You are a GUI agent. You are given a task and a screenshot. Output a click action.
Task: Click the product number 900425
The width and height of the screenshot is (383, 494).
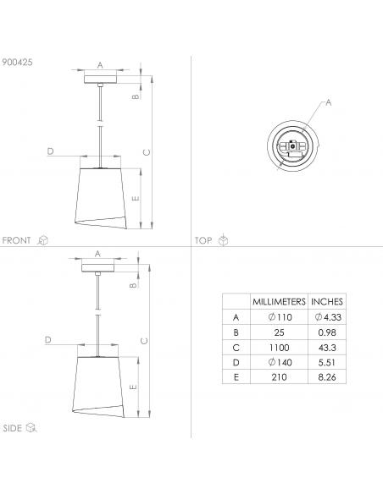pos(17,62)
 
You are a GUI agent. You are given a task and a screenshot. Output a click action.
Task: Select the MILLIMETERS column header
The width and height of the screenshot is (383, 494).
pos(279,301)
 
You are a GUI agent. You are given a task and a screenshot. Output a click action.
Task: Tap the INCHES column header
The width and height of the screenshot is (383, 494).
pos(327,301)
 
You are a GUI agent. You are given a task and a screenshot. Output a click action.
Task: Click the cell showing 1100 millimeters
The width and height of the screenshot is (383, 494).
pos(280,348)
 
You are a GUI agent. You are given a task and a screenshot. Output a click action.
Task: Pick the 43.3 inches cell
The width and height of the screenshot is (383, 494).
pos(327,348)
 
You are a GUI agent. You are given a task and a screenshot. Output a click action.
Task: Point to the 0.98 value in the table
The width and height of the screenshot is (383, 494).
pos(327,332)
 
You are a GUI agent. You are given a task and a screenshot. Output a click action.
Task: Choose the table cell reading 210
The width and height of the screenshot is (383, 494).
pos(280,376)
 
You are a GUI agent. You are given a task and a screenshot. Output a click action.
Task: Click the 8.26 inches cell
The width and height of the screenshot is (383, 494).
pos(327,376)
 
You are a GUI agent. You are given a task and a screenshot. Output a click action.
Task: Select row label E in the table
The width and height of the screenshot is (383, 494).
pos(236,376)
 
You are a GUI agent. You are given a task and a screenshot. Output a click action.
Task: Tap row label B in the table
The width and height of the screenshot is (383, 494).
pos(236,332)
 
